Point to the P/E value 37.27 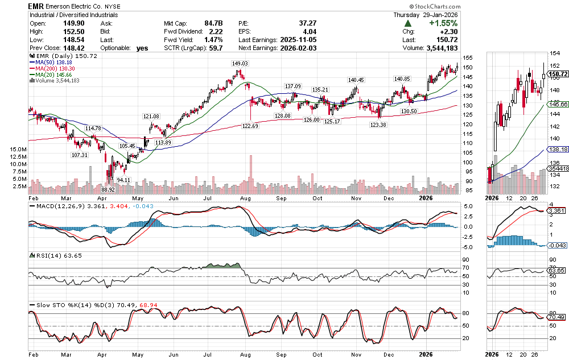coord(307,23)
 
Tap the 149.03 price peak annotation coord(240,64)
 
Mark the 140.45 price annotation coord(356,80)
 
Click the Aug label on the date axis coord(246,199)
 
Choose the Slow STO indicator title coord(48,305)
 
